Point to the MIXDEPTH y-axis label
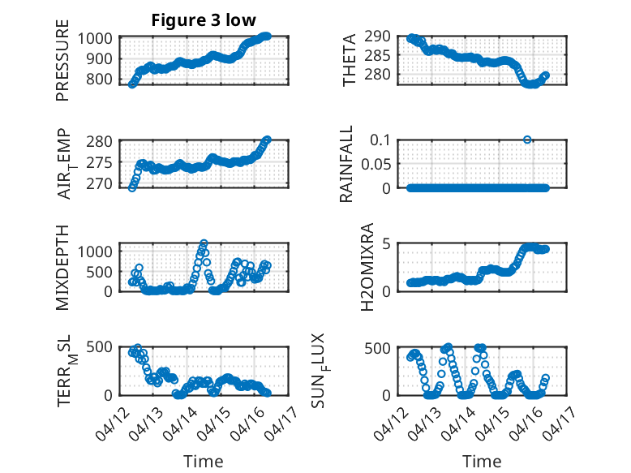pyautogui.click(x=62, y=266)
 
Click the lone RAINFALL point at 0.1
pyautogui.click(x=527, y=140)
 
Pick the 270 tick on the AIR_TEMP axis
pyautogui.click(x=104, y=183)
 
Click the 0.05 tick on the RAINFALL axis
pyautogui.click(x=376, y=164)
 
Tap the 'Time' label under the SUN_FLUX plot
pyautogui.click(x=482, y=462)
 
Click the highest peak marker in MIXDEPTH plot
pyautogui.click(x=204, y=243)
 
